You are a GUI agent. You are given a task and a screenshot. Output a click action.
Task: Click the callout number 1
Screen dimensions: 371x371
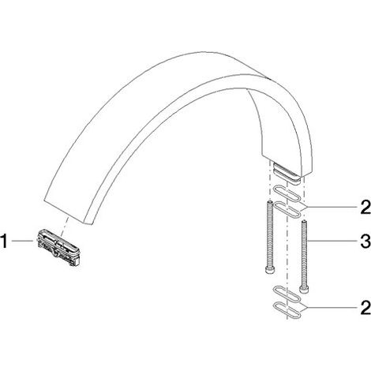coord(4,242)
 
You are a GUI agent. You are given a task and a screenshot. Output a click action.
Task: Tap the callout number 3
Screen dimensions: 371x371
coord(365,242)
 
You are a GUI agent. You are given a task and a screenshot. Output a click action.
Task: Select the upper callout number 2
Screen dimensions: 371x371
coord(365,207)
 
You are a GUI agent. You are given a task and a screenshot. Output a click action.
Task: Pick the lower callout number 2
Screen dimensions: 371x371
coord(365,308)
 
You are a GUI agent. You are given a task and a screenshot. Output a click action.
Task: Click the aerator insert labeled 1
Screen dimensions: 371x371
coord(59,247)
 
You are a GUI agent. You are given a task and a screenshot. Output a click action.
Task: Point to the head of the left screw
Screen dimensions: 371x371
coord(269,271)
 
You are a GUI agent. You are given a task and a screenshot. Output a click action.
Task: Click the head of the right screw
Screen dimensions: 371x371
coord(304,289)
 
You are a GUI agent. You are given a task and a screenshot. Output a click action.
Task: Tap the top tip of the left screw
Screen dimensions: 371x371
coord(269,202)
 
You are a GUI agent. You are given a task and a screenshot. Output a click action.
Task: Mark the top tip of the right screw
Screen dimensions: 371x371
coord(304,221)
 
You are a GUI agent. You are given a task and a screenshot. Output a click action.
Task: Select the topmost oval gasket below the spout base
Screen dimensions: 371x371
coord(287,194)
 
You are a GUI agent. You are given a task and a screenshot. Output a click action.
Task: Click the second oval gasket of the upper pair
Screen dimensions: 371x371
coord(287,209)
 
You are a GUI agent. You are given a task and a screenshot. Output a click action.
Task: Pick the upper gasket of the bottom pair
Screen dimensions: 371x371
coord(287,294)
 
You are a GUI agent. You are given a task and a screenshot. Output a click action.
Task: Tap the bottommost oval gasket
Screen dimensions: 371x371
coord(287,310)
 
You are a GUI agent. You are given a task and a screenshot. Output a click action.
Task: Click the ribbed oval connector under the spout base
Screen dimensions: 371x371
coord(287,174)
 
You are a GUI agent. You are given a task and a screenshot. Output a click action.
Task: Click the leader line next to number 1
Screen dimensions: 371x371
coord(23,241)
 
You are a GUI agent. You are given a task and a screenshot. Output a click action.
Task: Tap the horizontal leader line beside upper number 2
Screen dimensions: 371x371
coord(330,207)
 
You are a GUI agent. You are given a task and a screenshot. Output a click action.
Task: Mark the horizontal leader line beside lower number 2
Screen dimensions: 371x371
coord(331,307)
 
